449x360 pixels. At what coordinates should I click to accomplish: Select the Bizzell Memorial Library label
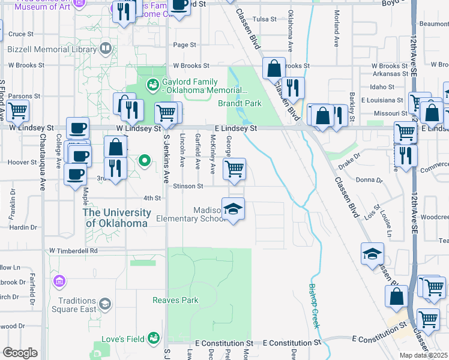point(53,47)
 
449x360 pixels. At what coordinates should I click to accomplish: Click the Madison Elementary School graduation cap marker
point(233,209)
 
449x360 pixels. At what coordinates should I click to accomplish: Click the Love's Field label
point(122,339)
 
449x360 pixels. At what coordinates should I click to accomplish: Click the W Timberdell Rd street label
point(73,250)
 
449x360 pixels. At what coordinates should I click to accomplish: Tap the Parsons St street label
point(23,95)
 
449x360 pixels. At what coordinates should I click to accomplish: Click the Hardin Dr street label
point(23,227)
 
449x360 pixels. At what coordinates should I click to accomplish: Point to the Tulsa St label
point(264,19)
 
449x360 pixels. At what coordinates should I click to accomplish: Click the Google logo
point(20,353)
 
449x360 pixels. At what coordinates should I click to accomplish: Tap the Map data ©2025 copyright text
point(424,355)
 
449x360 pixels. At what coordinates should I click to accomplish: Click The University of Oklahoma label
point(116,218)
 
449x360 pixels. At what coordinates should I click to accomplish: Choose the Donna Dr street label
point(369,180)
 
